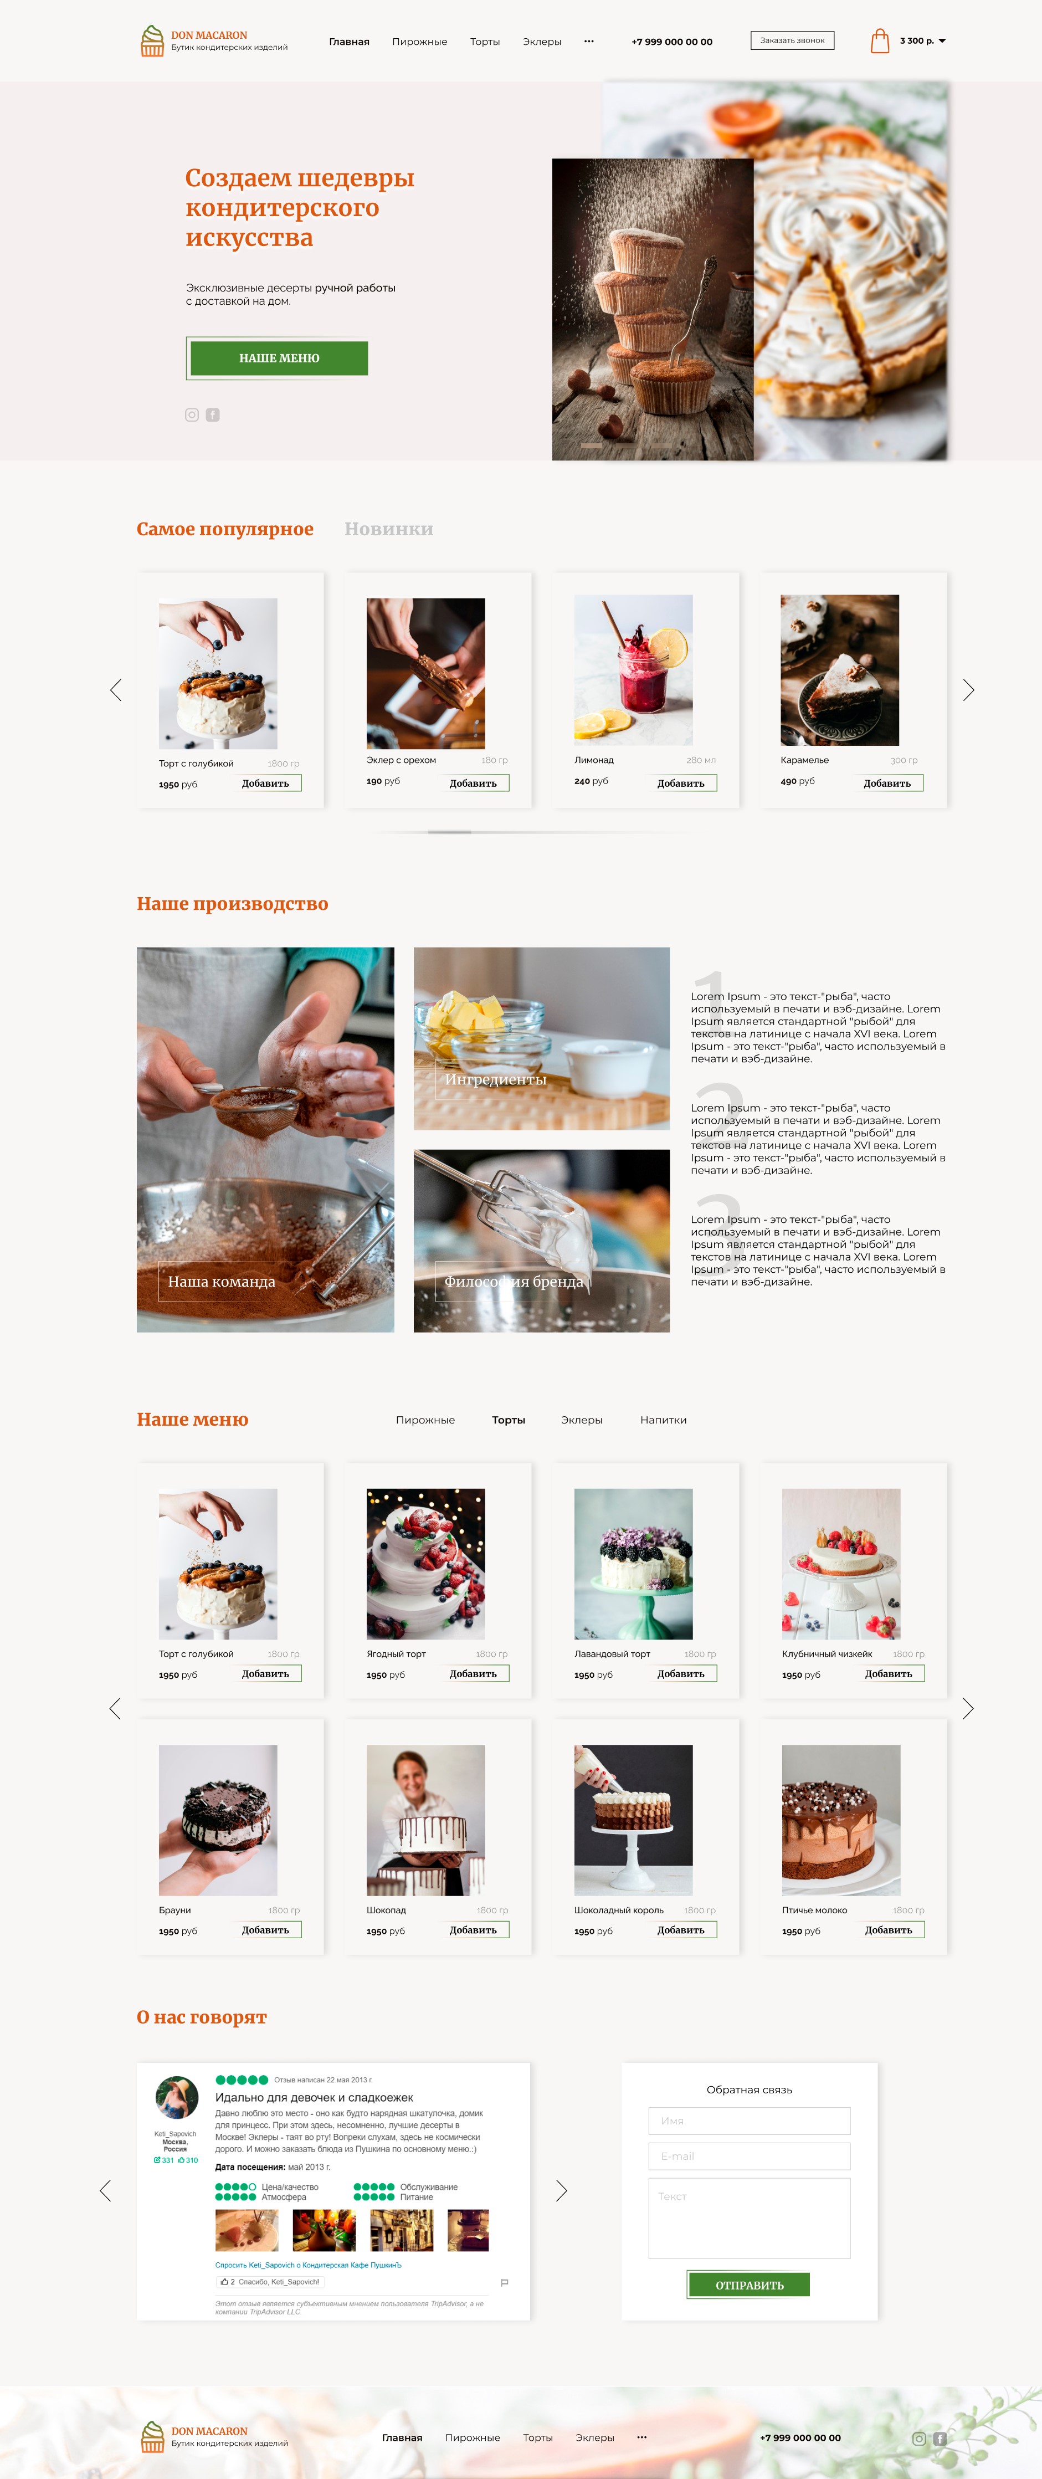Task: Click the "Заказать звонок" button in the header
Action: coord(792,40)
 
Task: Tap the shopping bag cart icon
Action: coord(879,40)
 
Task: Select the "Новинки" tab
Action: coord(389,529)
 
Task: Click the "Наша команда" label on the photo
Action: coord(221,1282)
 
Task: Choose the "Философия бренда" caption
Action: coord(513,1282)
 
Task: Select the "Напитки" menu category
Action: coord(663,1420)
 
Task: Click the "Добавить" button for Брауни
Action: coord(265,1929)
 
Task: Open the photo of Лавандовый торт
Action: coord(633,1563)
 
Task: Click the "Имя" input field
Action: coord(748,2120)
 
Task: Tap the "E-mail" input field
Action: coord(748,2155)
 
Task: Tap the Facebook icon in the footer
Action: coord(939,2439)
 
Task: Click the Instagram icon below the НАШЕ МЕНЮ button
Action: coord(192,415)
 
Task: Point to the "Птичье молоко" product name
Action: coord(814,1911)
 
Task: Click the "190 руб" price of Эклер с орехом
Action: coord(383,781)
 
